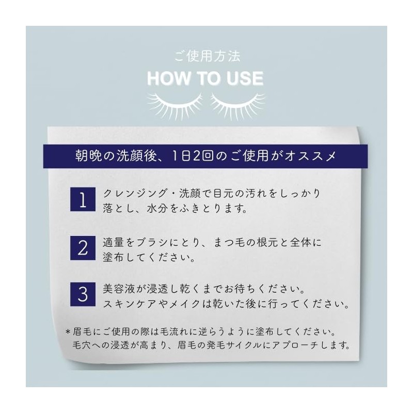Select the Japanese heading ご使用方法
[x=208, y=56]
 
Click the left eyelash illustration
[x=174, y=105]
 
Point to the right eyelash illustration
[x=238, y=105]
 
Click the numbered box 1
[x=83, y=199]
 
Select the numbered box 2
[x=83, y=248]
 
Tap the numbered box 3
[x=83, y=294]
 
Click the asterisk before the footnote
[x=68, y=331]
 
